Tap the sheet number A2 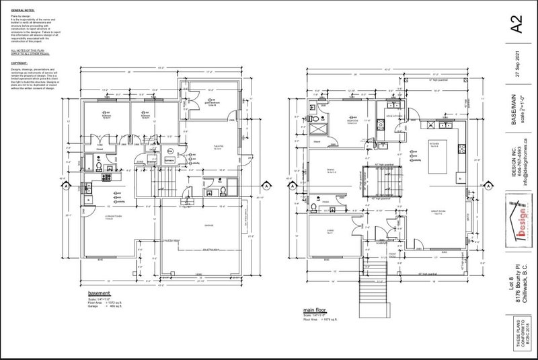[x=516, y=28]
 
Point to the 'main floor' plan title [x=317, y=295]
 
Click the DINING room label [x=330, y=171]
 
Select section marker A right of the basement [x=265, y=185]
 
